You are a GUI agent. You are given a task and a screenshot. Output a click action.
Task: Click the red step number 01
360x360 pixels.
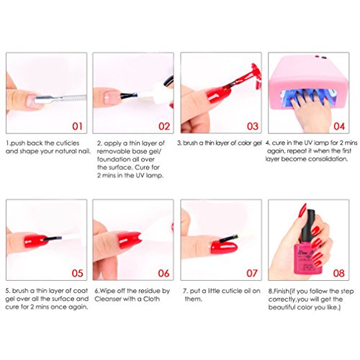(77, 127)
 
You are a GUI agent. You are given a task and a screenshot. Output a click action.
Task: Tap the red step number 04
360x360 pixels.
(339, 127)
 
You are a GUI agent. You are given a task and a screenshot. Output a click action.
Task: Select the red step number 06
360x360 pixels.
(163, 273)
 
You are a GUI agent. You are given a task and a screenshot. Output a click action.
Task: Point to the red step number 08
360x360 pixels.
(338, 273)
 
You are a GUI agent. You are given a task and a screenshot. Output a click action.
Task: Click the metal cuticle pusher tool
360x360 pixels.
(60, 99)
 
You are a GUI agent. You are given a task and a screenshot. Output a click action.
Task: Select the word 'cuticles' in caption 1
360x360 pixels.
(67, 143)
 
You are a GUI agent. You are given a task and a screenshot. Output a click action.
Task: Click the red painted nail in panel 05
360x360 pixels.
(36, 240)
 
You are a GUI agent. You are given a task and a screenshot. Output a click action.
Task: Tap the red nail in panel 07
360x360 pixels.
(224, 247)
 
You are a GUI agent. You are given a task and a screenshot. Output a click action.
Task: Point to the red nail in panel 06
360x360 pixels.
(129, 239)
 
